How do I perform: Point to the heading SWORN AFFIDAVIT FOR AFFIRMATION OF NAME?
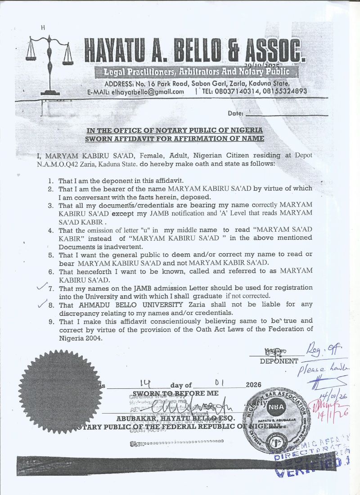point(175,139)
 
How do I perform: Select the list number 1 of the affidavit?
point(51,180)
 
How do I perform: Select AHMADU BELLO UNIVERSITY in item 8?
point(128,305)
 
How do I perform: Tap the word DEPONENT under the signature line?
point(279,361)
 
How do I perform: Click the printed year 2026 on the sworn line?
point(253,385)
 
